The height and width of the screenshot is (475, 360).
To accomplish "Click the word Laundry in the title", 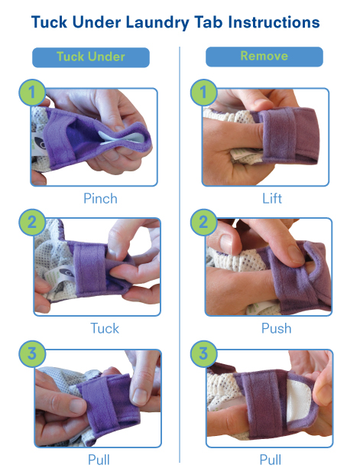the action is coord(157,23).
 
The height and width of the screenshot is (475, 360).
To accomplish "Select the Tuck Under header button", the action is coord(91,57).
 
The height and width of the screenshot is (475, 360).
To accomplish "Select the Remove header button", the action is coord(264,57).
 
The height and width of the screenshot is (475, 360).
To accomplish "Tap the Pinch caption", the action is coord(100,199).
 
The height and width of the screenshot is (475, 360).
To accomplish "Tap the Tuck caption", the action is coord(105,328).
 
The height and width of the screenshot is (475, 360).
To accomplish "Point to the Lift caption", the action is coord(272,199).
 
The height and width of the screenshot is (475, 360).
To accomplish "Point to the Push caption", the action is coord(276,328).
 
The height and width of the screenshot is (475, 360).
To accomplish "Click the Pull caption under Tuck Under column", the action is coord(99,460).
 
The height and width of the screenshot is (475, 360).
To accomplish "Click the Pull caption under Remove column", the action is coord(271,460).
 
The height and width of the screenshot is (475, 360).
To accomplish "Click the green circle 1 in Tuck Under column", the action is coord(32,93).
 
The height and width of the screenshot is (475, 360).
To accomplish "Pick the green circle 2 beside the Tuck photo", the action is coord(32,222).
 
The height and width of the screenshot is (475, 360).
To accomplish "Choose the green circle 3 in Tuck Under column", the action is coord(32,353).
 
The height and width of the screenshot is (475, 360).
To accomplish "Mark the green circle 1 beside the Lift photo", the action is coord(203,93).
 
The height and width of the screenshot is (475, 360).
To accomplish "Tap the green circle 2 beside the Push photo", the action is coord(203,222).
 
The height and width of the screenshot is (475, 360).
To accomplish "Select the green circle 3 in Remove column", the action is coord(203,353).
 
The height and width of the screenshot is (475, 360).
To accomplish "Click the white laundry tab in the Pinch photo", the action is coord(119,138).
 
